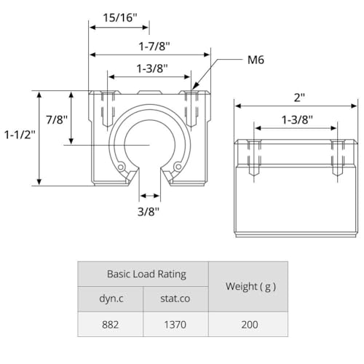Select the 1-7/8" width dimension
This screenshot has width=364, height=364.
pos(149,46)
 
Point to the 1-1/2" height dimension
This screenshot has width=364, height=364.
pos(17,135)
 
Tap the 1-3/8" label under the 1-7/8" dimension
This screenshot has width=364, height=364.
pos(151,68)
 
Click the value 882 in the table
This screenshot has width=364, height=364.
pos(111,324)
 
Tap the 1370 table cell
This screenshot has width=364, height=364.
pos(176,324)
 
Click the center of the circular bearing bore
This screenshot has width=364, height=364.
pos(150,146)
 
